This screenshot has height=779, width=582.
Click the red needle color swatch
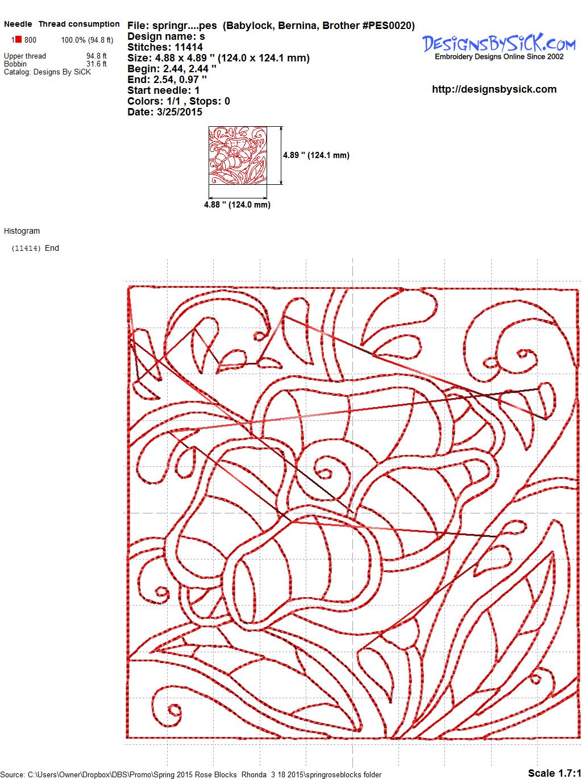[18, 39]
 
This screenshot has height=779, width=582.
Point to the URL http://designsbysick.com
[494, 89]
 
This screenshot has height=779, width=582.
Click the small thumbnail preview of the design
[238, 155]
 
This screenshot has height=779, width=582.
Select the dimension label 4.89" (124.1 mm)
[316, 155]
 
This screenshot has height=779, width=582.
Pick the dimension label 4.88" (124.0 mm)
[237, 205]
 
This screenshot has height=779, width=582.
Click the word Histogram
[22, 231]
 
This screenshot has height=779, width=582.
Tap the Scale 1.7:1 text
[555, 773]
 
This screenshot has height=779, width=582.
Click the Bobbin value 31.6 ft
[97, 64]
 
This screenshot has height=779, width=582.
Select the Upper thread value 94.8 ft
[97, 56]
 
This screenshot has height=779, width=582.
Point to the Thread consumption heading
[79, 24]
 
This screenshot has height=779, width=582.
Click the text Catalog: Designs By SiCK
[47, 72]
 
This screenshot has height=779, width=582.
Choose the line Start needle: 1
[164, 90]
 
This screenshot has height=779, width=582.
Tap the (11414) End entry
[35, 248]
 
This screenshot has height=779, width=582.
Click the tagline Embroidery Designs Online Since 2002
[499, 57]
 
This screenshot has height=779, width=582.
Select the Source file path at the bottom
[191, 774]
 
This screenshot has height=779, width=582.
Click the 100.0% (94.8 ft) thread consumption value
[88, 40]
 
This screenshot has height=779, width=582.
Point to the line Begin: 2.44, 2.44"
[172, 69]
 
